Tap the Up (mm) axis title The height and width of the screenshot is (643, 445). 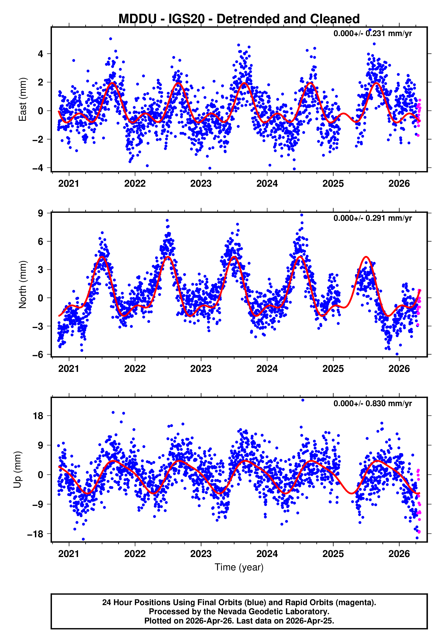pos(17,470)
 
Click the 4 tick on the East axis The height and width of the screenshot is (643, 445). pos(41,54)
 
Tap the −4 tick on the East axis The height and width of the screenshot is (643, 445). pos(38,168)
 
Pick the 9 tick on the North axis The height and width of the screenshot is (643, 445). pos(41,213)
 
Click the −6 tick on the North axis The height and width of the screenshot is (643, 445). pos(38,354)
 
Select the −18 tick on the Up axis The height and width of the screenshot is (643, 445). pos(35,534)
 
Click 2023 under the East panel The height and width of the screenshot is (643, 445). pos(201,184)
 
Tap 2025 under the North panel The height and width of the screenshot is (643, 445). pos(333,369)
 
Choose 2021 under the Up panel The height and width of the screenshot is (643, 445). pos(68,554)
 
